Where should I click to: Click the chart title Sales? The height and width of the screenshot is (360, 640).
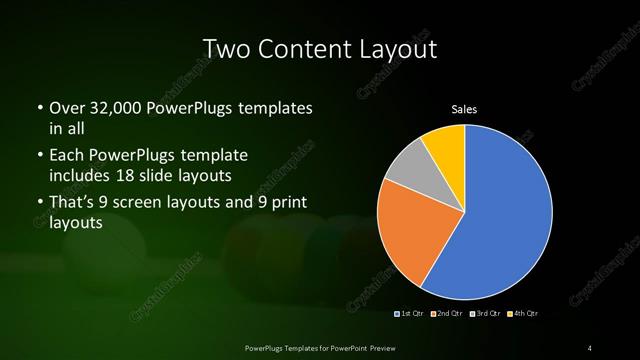point(465,108)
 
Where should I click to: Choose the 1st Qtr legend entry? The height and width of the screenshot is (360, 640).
point(410,313)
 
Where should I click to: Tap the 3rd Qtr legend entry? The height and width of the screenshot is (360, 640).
point(485,313)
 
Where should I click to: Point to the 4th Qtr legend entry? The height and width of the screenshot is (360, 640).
point(522,313)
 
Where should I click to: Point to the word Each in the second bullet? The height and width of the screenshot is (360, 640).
point(66,156)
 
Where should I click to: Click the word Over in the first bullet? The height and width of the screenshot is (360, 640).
point(66,107)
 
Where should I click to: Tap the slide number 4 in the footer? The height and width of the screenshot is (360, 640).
point(590,347)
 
